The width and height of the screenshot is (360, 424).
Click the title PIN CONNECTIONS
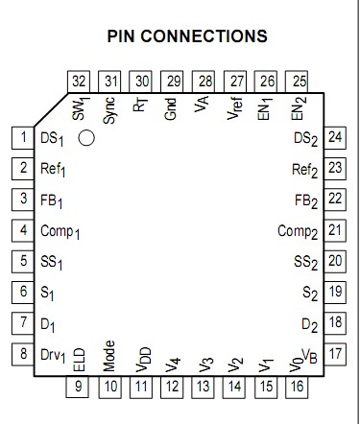coord(187,36)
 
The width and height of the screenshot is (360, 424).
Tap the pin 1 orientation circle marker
coord(86,138)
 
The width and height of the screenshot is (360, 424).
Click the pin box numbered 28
coord(204,81)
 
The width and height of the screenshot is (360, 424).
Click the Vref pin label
coord(235,107)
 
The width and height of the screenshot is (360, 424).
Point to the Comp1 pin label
coord(60,231)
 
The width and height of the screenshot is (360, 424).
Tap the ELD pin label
coord(80,360)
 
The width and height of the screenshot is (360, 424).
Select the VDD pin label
coord(142,358)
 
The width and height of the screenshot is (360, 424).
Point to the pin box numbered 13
coord(204,387)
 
